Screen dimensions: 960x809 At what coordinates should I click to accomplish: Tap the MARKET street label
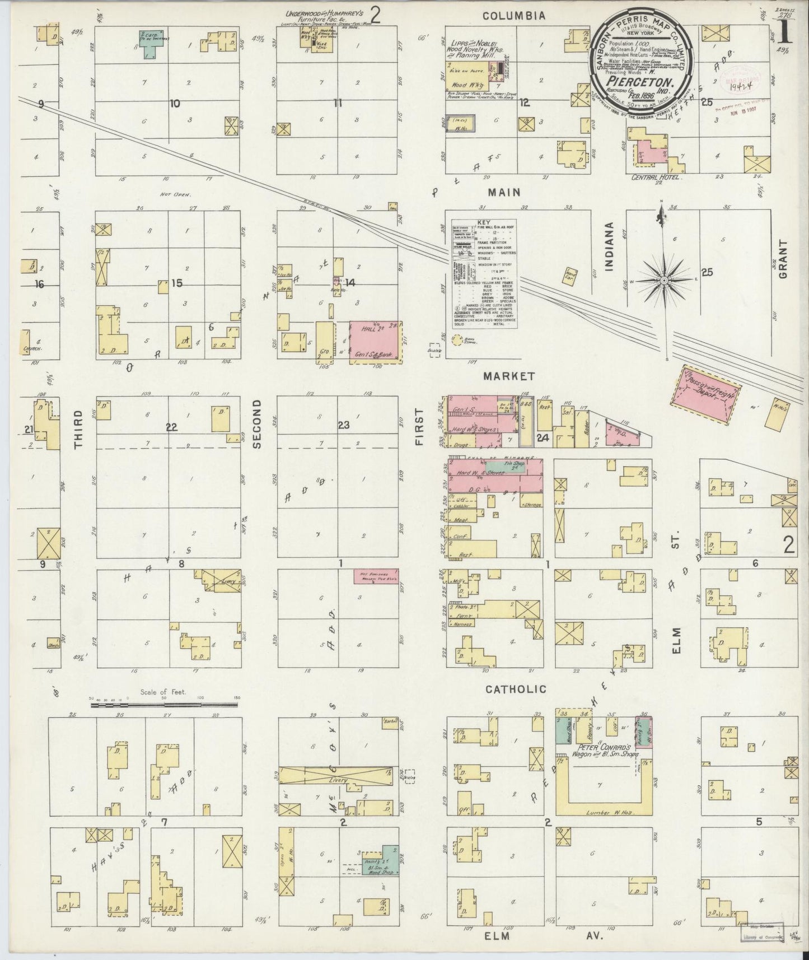point(509,376)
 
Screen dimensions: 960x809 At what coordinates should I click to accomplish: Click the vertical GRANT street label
point(783,260)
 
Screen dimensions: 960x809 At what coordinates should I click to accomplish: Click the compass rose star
point(664,279)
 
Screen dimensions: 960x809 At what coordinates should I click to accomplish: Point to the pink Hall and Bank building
point(376,342)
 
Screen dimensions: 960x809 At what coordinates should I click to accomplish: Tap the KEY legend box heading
point(481,222)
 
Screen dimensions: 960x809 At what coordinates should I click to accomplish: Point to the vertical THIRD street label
point(78,429)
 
